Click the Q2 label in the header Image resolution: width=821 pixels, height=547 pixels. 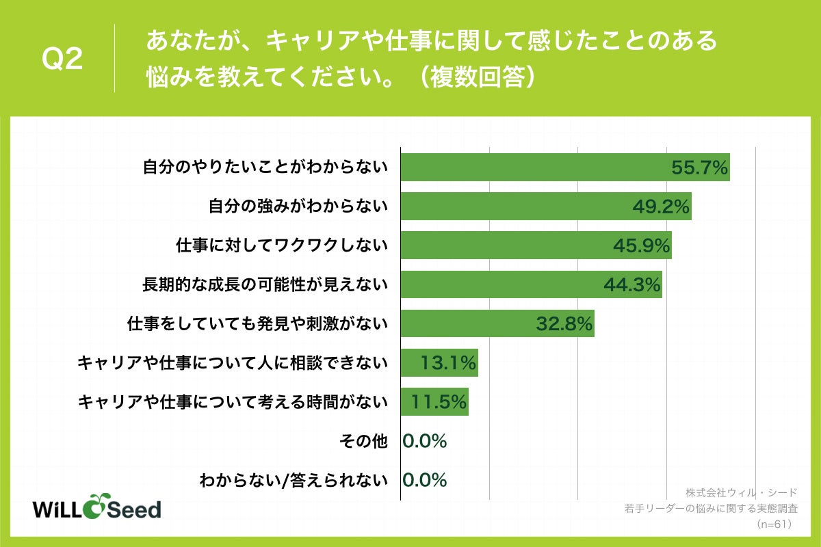click(x=62, y=60)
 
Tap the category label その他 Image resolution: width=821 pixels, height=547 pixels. click(x=363, y=441)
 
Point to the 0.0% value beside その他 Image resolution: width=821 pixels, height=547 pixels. click(x=425, y=441)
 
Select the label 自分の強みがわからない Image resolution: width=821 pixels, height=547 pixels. click(x=298, y=206)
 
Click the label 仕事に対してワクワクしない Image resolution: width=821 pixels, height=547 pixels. click(x=282, y=245)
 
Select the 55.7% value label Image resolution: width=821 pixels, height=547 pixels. click(x=699, y=168)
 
